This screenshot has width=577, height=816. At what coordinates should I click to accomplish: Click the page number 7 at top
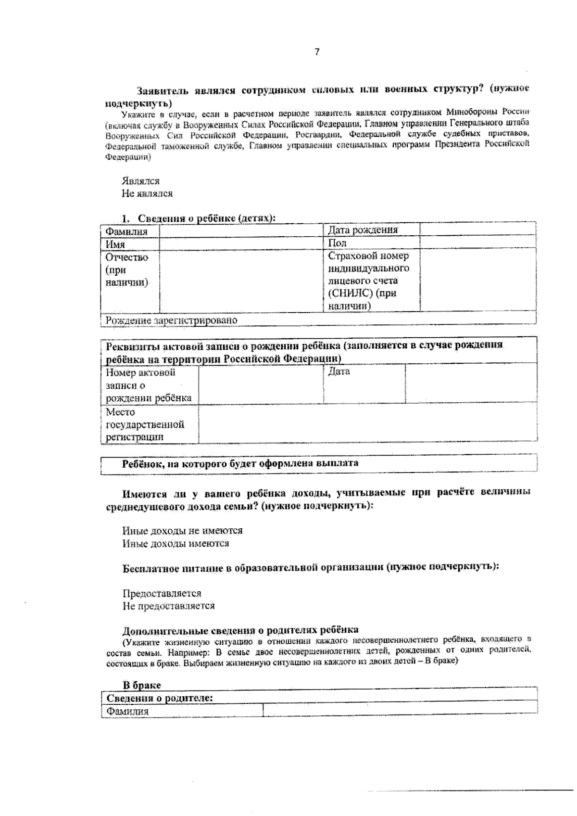coord(316,52)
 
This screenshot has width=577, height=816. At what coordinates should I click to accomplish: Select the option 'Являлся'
coord(140,181)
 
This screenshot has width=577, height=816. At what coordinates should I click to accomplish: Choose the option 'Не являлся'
coord(147,193)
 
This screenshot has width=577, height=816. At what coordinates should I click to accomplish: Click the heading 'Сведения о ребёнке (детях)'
coord(206,218)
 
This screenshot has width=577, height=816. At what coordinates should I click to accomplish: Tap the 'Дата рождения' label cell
coord(363,230)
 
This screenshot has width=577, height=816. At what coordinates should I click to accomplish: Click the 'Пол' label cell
coord(337,243)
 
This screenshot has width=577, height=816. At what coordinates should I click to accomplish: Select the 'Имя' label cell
coord(115,244)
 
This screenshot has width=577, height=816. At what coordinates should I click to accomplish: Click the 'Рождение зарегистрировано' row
coord(172,320)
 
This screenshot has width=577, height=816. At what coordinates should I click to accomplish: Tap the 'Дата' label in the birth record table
coord(339,371)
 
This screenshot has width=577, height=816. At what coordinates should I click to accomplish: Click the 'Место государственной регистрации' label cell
coord(145,424)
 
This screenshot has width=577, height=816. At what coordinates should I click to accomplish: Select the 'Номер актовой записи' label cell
coord(148,385)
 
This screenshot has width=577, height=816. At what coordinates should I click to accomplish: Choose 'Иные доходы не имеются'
coord(182,531)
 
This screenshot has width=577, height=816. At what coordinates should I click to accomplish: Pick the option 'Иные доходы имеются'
coord(176,544)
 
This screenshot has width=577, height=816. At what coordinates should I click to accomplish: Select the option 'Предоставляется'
coord(162,593)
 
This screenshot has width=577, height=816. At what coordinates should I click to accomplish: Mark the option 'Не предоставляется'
coord(168,606)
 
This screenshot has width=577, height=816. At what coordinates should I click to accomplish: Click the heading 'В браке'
coord(142,685)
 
